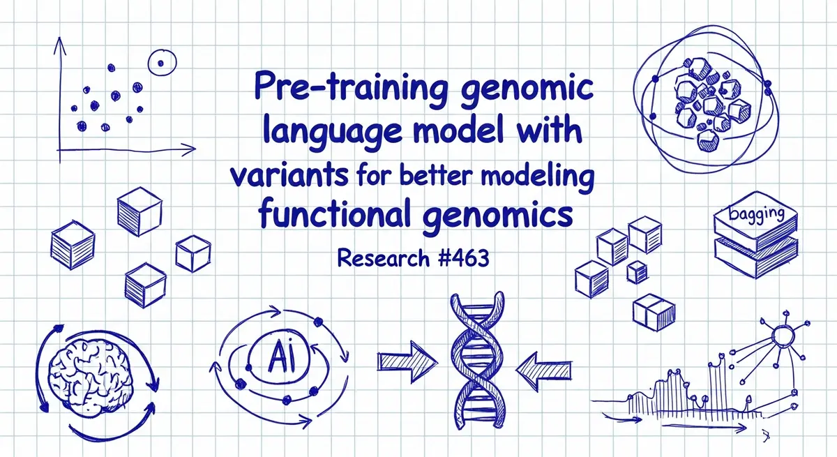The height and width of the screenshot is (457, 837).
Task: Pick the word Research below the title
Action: click(x=383, y=258)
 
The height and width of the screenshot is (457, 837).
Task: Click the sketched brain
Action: click(x=91, y=375)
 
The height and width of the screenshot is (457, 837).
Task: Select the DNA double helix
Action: click(x=477, y=360)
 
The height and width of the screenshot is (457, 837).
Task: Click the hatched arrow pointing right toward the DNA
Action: click(x=407, y=361)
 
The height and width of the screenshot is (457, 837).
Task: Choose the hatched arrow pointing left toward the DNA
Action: click(x=543, y=370)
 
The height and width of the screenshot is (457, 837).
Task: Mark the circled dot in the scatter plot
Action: click(x=161, y=63)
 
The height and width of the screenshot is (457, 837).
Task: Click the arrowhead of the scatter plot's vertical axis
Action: click(x=59, y=45)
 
